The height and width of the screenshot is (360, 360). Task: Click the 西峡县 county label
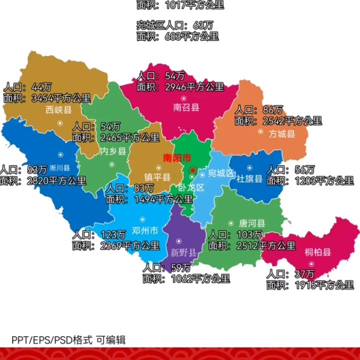click(59, 109)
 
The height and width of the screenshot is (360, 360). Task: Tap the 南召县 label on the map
click(186, 106)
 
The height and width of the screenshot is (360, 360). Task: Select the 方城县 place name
click(282, 133)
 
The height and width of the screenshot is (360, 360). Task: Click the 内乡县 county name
click(113, 151)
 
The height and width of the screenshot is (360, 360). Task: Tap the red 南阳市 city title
click(177, 158)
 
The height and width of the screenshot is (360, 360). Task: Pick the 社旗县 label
click(249, 178)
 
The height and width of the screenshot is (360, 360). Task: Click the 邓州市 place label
click(144, 230)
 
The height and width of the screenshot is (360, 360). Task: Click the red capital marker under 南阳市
click(192, 170)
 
